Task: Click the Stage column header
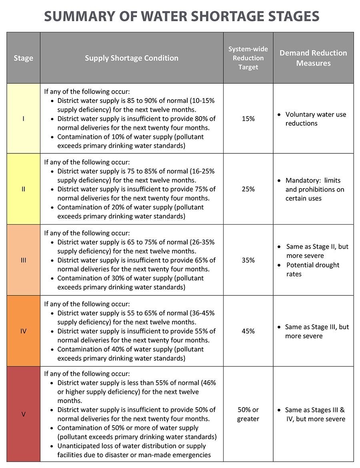point(23,58)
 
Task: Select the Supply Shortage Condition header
point(131,58)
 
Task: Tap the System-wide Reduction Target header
point(248,58)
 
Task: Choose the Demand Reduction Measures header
point(313,58)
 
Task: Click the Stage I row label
point(23,119)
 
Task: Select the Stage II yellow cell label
point(23,189)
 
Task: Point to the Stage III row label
point(23,260)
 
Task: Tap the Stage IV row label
point(23,331)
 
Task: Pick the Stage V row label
point(23,414)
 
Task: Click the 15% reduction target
point(248,119)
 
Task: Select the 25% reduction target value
point(248,189)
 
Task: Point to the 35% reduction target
point(248,260)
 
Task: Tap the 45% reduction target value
point(248,331)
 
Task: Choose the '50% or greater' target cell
point(248,414)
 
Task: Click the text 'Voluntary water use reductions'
point(315,119)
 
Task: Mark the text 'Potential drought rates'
point(312,269)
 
